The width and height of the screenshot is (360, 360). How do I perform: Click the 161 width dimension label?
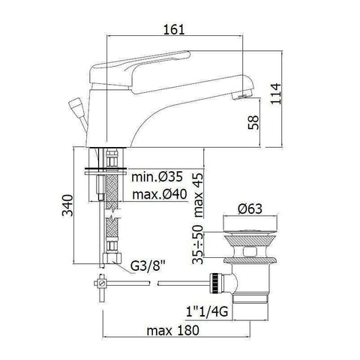point(174,28)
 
